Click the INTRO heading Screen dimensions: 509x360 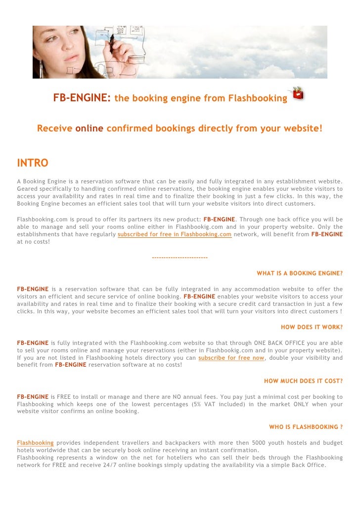pyautogui.click(x=33, y=163)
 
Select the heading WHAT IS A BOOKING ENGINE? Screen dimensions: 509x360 pyautogui.click(x=300, y=273)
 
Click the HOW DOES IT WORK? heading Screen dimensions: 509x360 pyautogui.click(x=312, y=327)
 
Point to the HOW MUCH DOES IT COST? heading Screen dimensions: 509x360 pyautogui.click(x=303, y=381)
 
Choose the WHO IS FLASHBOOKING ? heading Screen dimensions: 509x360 pyautogui.click(x=306, y=427)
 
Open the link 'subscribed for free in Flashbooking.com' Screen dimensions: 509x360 pyautogui.click(x=175, y=234)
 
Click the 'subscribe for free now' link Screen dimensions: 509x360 pyautogui.click(x=231, y=358)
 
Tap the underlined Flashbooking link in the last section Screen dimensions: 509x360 pyautogui.click(x=35, y=442)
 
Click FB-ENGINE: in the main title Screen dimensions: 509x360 pyautogui.click(x=82, y=98)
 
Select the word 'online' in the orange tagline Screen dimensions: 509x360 pyautogui.click(x=89, y=129)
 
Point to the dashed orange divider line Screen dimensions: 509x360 pyautogui.click(x=180, y=257)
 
